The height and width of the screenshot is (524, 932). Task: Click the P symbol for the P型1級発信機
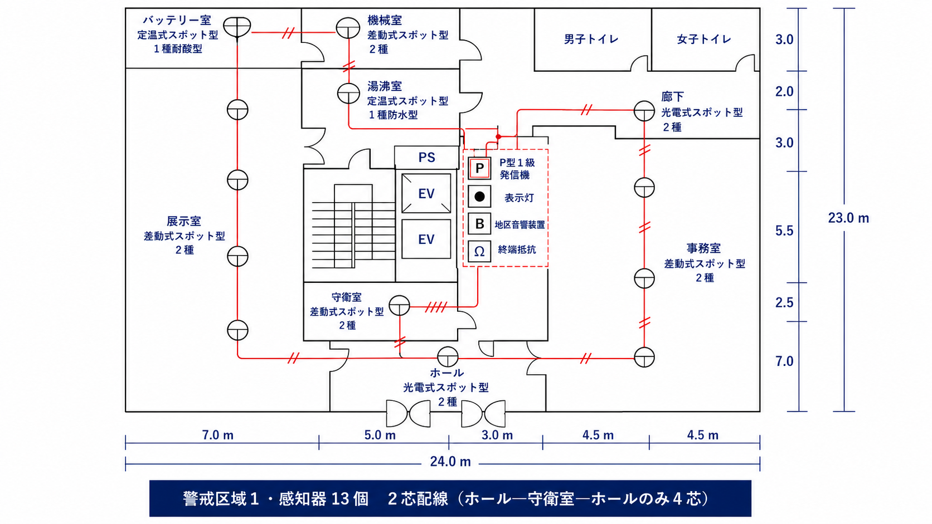[479, 168]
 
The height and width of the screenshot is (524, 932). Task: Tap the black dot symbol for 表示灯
[479, 197]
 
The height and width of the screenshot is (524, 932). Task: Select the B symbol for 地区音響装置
[479, 224]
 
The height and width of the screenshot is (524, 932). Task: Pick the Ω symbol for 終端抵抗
[479, 251]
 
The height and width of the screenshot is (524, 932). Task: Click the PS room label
[426, 158]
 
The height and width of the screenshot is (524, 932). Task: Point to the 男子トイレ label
[591, 39]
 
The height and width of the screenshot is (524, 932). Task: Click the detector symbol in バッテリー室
[237, 27]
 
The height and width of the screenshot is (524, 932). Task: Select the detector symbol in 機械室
[348, 28]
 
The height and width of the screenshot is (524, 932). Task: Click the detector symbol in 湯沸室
[348, 94]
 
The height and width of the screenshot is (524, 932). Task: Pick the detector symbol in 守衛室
[399, 305]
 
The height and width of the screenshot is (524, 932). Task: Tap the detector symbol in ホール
[448, 356]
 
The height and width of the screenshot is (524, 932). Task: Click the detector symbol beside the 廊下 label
[644, 111]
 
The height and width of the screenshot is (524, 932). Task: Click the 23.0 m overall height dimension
[848, 218]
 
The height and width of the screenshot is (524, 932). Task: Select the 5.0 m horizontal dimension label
[380, 435]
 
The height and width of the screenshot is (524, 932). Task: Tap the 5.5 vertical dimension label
[784, 231]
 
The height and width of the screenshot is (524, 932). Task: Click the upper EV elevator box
[426, 193]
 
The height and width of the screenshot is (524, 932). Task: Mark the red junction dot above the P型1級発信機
[498, 137]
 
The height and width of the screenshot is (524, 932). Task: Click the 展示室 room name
[184, 221]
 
